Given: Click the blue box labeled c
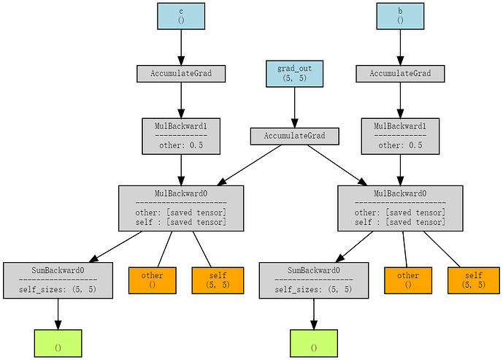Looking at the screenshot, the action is point(181,16).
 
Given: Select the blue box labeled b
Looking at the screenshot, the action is point(400,16).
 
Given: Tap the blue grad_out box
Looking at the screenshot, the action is point(294,74).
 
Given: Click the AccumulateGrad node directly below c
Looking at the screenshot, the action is point(181,74).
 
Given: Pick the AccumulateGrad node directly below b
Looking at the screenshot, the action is point(400,74).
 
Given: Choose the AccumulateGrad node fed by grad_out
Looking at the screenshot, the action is point(294,137).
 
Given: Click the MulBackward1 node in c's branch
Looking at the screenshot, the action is point(181,136).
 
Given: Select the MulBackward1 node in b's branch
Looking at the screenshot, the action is point(400,136).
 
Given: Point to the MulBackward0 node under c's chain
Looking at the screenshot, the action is point(181,208).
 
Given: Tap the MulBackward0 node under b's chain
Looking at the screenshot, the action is point(400,208).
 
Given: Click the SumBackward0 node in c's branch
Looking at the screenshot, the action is point(58,280).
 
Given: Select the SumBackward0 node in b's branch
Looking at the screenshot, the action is point(314,280).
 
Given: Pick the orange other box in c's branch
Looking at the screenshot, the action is point(153,280).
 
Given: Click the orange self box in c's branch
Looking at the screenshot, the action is point(218,280).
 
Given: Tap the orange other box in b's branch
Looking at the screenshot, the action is point(408,280).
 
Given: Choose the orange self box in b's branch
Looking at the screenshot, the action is point(474,280).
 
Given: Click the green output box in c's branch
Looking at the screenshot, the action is point(58,343).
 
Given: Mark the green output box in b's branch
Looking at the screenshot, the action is point(314,343).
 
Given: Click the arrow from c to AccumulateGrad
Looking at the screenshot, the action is point(181,47).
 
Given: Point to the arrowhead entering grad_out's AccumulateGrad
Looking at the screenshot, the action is point(294,123).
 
